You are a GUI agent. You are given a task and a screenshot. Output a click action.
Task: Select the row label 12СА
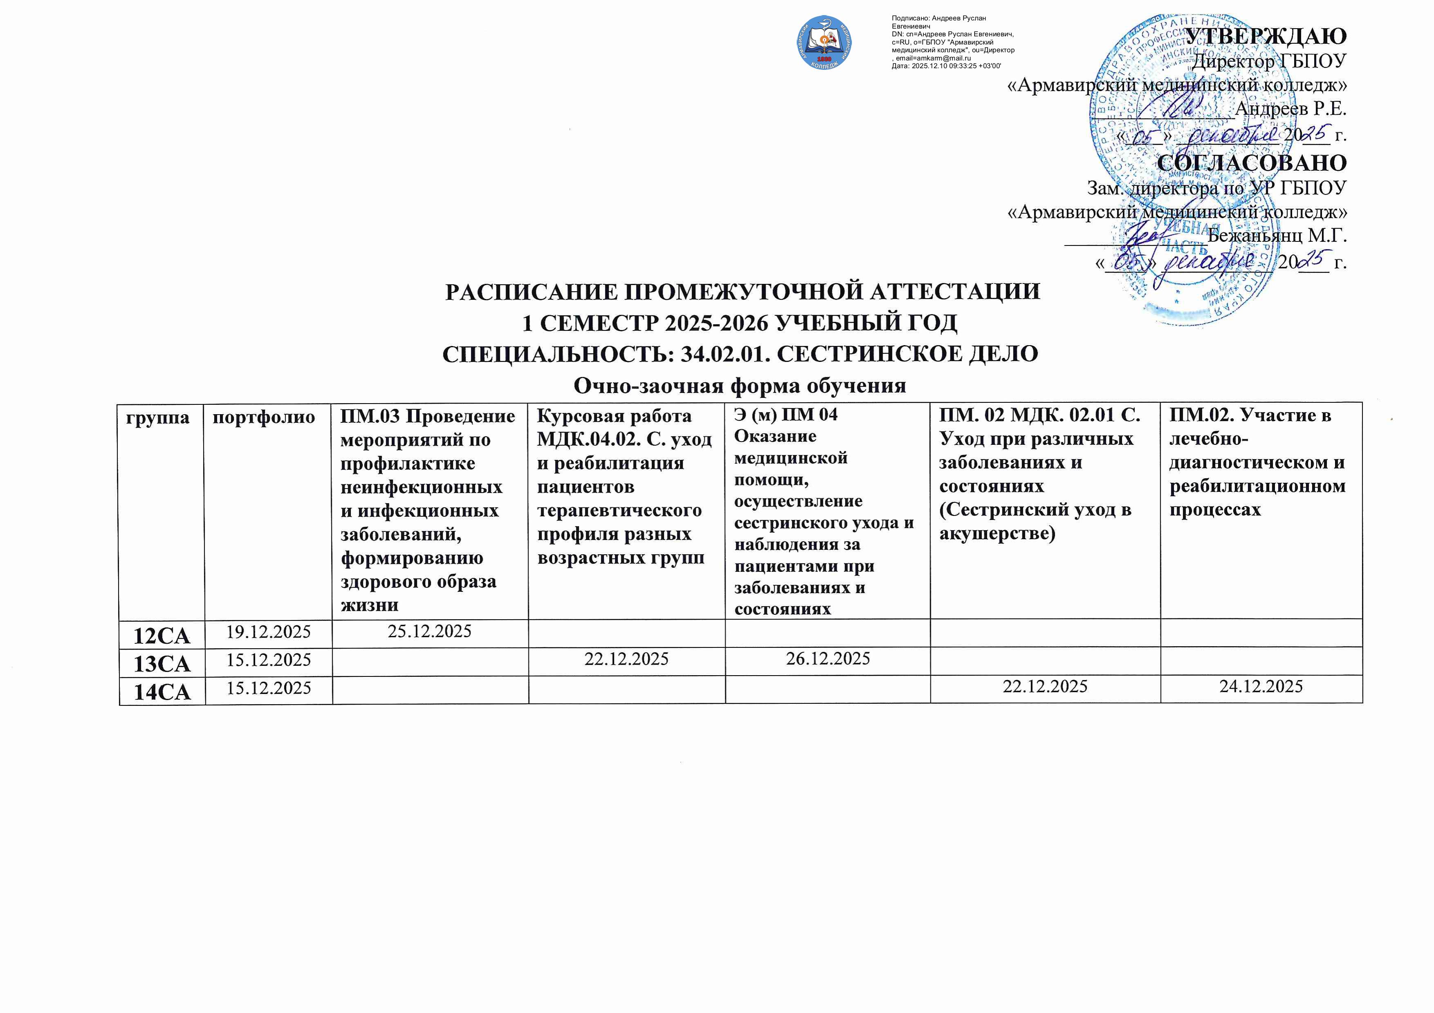click(162, 636)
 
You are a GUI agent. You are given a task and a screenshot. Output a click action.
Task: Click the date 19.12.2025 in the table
click(269, 632)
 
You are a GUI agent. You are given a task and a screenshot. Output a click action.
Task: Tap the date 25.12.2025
click(430, 631)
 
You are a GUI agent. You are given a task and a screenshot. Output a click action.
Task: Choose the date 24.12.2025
click(1261, 687)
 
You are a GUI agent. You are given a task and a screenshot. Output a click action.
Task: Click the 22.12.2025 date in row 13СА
click(626, 660)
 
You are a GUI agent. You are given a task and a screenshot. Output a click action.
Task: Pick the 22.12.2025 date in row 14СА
click(1045, 687)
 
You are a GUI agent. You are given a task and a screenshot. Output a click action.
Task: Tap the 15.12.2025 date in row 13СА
click(269, 660)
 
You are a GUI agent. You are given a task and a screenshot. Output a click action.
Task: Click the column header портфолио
click(264, 417)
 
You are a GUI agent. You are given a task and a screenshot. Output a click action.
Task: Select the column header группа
click(157, 417)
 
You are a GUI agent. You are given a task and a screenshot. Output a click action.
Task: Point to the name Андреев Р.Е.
click(1291, 109)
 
